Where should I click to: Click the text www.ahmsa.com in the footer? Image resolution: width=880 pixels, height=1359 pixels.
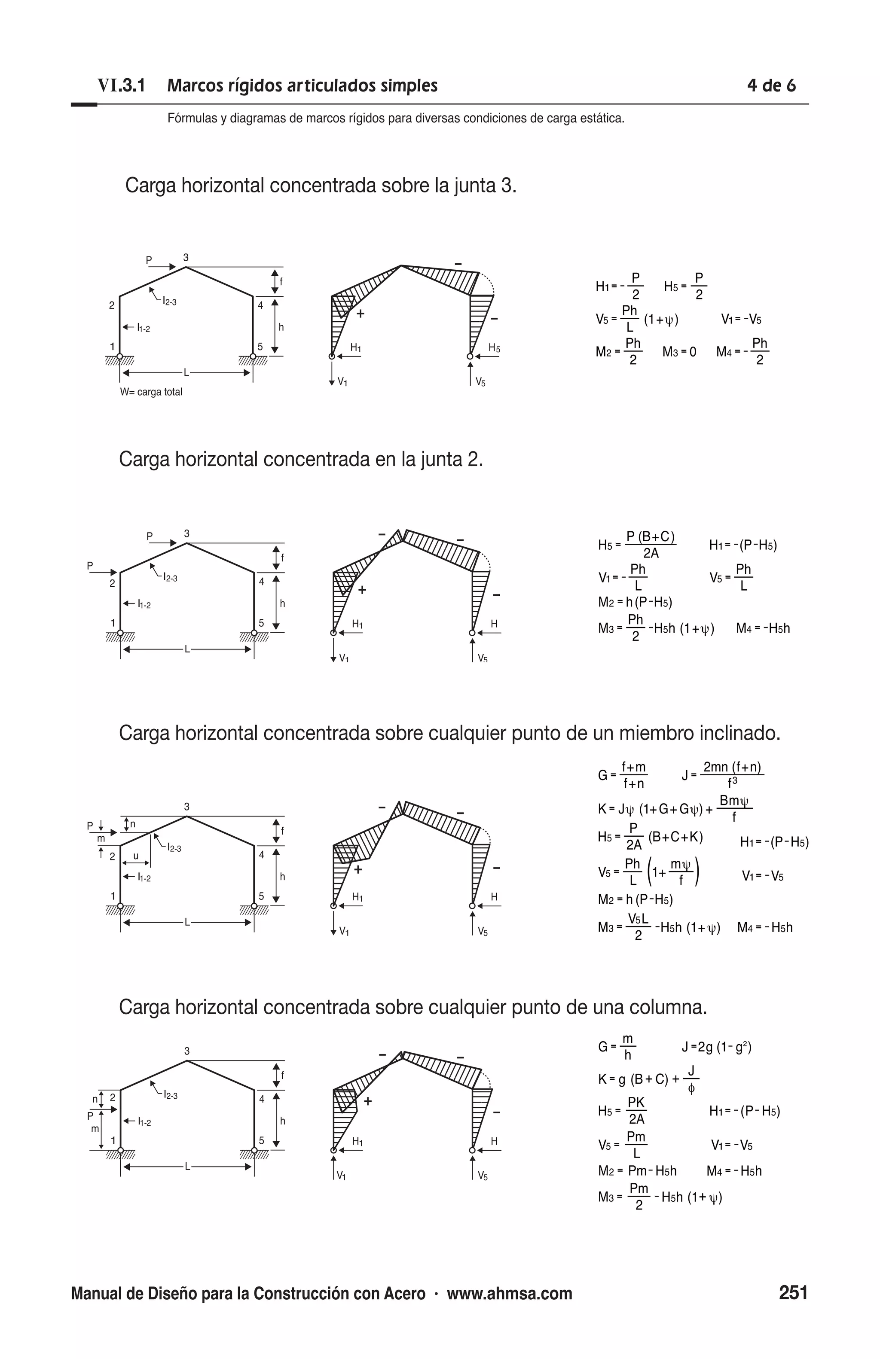tap(509, 1293)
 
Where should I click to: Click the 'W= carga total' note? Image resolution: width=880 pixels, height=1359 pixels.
tap(151, 392)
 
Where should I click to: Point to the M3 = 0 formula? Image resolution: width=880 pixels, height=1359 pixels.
tap(678, 352)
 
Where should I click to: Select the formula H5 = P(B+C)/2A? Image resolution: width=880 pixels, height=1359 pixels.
tap(636, 545)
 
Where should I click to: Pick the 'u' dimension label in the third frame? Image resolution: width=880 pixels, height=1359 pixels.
tap(135, 856)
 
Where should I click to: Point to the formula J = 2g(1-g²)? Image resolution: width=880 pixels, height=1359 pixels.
tap(716, 1047)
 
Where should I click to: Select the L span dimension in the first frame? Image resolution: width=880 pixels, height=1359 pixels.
tap(186, 373)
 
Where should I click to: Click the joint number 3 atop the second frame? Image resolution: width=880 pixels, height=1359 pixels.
tap(187, 533)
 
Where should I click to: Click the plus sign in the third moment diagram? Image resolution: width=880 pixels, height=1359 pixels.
tap(358, 870)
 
